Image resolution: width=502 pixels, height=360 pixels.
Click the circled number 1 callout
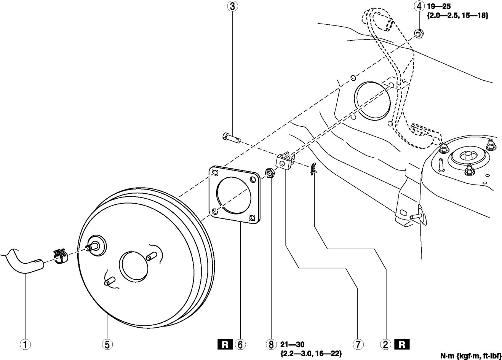[26, 345]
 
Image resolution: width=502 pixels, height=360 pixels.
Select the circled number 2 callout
[386, 345]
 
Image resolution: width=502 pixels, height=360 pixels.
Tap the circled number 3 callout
[232, 6]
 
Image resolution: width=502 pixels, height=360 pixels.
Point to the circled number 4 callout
[419, 6]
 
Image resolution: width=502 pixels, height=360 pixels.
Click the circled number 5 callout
[107, 345]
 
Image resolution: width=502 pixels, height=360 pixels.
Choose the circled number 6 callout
[240, 345]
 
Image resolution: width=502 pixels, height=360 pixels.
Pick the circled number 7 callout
[358, 345]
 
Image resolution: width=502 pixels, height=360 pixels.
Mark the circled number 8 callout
[270, 345]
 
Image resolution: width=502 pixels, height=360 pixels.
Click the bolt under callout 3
[230, 137]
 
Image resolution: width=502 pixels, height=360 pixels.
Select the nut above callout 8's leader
[269, 174]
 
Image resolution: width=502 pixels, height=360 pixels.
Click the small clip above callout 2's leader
[313, 169]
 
